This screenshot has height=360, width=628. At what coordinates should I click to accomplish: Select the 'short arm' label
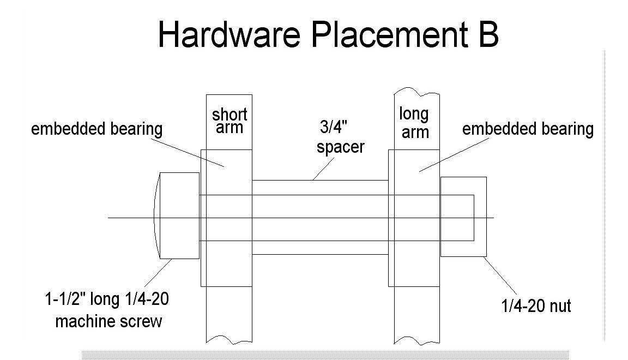(x=230, y=121)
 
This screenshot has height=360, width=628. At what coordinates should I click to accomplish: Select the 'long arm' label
(x=414, y=122)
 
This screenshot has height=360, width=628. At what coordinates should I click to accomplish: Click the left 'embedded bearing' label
(x=96, y=129)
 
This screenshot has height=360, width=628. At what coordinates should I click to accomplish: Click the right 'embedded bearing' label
(x=528, y=129)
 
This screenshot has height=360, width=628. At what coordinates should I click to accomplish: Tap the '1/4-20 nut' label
(x=536, y=306)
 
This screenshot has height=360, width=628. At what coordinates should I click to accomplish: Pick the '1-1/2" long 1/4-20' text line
(x=110, y=300)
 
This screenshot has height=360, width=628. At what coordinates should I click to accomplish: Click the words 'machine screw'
(x=108, y=321)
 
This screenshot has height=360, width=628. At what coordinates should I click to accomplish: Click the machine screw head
(x=177, y=215)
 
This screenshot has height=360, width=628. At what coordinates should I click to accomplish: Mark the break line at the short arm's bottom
(x=229, y=337)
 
